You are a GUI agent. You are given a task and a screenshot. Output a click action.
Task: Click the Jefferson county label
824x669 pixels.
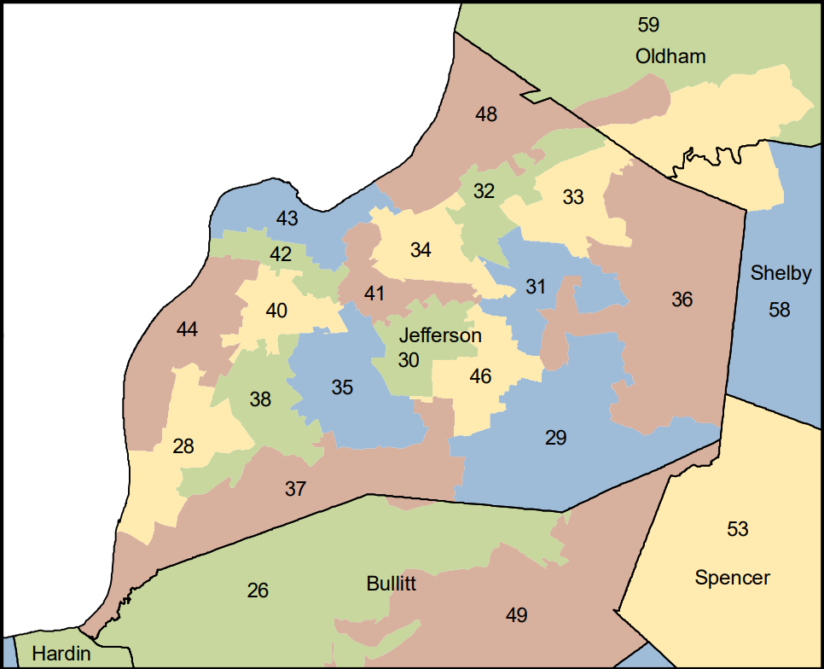440,335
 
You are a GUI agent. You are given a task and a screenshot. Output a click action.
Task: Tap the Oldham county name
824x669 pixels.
670,57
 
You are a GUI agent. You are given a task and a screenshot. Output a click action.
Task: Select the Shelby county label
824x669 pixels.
780,274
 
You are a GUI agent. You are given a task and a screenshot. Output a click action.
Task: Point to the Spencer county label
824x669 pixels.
732,579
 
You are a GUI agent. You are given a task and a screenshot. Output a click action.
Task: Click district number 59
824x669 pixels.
649,25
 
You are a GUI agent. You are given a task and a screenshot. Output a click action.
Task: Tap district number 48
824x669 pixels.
486,113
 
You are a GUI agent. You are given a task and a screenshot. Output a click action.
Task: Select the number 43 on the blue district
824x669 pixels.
287,218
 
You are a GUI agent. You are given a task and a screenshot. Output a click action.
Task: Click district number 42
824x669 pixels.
281,254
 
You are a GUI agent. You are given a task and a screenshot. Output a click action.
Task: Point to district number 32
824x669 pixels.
484,191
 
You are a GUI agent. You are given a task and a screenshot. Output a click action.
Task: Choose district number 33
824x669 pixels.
573,197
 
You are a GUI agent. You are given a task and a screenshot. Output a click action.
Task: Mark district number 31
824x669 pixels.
535,287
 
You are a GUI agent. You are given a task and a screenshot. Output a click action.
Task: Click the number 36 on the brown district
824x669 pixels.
682,300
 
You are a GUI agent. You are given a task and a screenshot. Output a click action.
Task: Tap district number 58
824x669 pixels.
780,309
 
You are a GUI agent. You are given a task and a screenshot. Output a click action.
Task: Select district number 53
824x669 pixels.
737,530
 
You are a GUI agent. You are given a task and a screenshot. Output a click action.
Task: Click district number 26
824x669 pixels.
258,590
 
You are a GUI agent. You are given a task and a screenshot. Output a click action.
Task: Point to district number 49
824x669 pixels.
516,615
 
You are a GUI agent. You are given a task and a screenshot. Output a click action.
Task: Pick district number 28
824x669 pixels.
183,445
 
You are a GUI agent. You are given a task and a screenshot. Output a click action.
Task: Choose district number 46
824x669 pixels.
480,376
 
